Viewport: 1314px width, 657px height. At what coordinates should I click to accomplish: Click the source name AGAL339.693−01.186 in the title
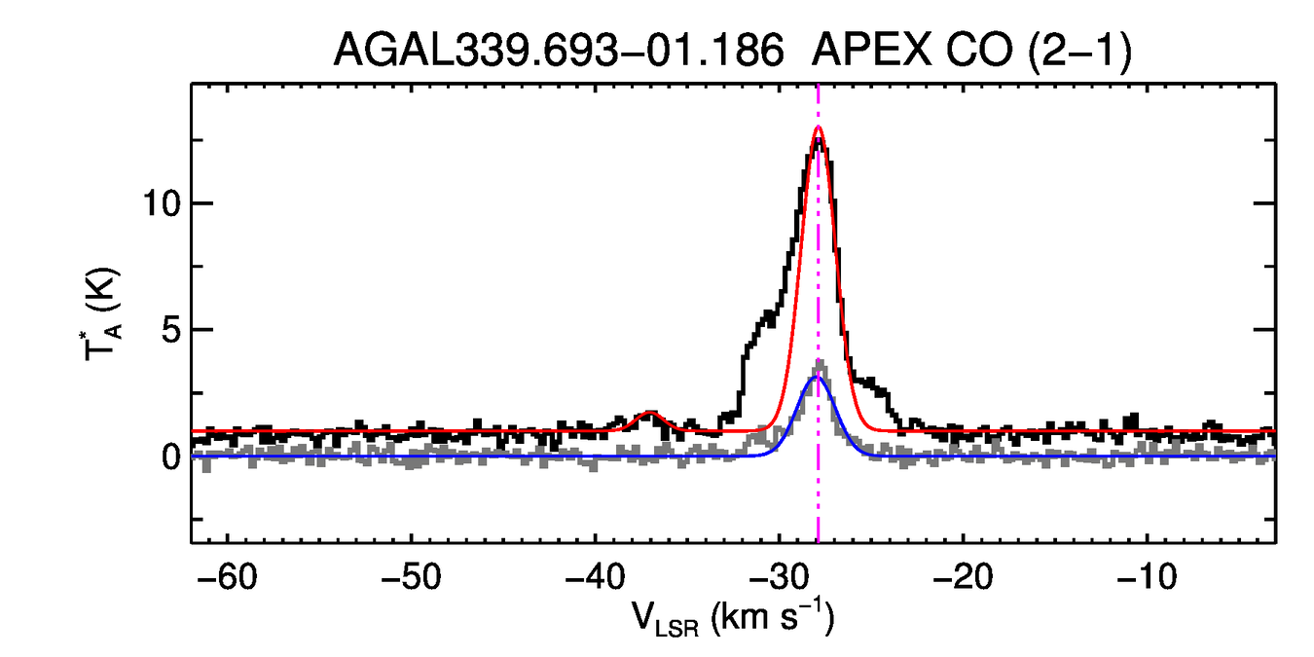click(x=559, y=51)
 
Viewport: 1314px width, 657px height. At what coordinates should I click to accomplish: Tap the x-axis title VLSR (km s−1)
click(x=733, y=619)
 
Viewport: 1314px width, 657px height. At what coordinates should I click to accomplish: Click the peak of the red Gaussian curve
click(x=818, y=128)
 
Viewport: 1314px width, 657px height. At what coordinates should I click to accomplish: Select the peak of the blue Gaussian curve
click(x=817, y=378)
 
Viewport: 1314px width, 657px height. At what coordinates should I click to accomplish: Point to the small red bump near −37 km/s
click(x=650, y=414)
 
